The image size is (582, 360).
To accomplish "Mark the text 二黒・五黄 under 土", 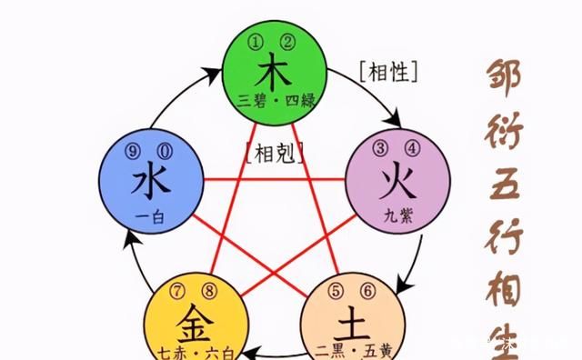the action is [350, 350].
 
